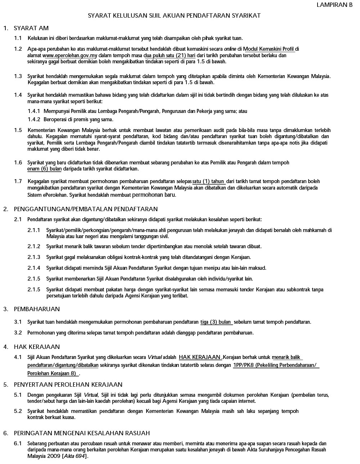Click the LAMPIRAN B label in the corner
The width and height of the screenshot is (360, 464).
point(334,5)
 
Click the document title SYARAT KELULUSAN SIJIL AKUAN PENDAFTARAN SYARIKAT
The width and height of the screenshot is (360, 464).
point(174,16)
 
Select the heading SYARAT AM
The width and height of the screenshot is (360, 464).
point(31,28)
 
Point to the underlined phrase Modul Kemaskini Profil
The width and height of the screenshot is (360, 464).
point(269,49)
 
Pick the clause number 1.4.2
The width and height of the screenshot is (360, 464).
point(34,119)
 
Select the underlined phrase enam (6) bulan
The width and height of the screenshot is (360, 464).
point(44,169)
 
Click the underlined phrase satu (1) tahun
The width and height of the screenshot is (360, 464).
point(208,181)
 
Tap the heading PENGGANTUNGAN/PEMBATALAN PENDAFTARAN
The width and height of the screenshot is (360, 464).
point(86,209)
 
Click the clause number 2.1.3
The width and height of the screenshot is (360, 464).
point(34,257)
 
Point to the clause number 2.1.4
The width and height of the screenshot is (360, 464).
point(34,268)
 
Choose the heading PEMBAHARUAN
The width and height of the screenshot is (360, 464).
point(37,309)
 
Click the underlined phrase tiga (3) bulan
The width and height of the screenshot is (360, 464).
point(216,322)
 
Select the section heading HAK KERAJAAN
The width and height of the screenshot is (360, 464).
point(37,347)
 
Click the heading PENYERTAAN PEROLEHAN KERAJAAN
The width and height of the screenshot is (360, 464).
point(68,385)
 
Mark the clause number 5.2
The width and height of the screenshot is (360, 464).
point(18,411)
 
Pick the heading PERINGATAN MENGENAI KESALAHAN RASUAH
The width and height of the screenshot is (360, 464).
point(82,433)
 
